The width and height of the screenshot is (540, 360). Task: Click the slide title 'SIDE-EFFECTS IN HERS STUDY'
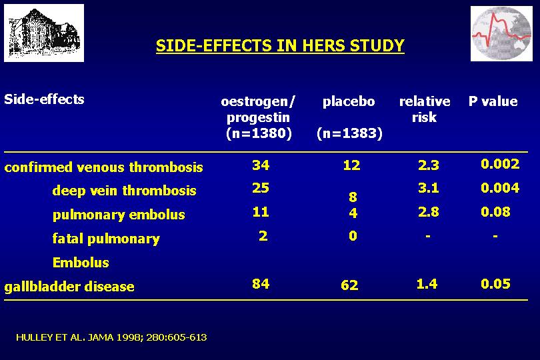(280, 46)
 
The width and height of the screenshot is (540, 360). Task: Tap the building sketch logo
(44, 33)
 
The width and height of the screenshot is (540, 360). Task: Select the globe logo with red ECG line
(501, 34)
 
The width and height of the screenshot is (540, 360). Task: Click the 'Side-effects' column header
(44, 99)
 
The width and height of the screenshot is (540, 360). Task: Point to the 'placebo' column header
(349, 101)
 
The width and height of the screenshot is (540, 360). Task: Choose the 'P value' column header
(493, 101)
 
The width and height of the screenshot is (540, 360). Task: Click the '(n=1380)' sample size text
(259, 133)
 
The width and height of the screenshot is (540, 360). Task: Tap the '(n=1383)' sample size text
(349, 133)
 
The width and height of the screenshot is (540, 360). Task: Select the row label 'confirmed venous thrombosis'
(103, 167)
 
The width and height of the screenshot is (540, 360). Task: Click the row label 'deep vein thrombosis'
(124, 191)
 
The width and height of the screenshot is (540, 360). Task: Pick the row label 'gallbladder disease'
(69, 287)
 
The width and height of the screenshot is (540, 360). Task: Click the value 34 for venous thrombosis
(261, 165)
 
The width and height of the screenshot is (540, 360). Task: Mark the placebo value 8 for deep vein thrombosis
(353, 197)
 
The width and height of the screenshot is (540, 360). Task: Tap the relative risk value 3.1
(429, 188)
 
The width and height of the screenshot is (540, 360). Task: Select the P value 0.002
(500, 164)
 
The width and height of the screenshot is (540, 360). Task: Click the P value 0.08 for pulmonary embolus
(495, 212)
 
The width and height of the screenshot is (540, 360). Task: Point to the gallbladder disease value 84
(261, 284)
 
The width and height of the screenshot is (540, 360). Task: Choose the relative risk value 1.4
(427, 284)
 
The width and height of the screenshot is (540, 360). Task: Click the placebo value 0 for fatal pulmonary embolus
(353, 236)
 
